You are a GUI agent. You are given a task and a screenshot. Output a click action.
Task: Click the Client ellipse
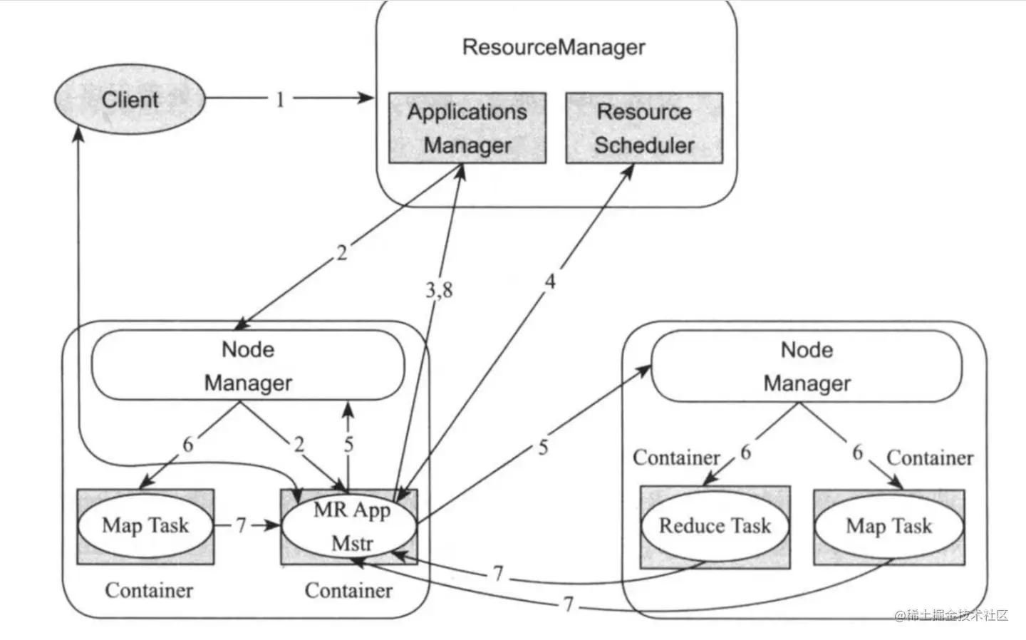point(130,100)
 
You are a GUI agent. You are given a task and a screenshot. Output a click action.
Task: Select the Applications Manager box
point(467,128)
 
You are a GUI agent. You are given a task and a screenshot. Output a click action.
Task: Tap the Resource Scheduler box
point(644,128)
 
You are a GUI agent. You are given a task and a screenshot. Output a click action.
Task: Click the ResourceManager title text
point(554,47)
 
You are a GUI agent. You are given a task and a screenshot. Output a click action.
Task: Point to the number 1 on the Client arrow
point(280,99)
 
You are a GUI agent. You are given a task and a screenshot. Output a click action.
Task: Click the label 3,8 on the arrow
point(439,290)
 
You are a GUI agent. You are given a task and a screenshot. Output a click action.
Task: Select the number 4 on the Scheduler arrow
point(550,282)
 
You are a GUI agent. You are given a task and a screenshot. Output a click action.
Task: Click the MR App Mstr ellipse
point(351,527)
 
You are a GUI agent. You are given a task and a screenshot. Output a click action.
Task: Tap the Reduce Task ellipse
point(715,526)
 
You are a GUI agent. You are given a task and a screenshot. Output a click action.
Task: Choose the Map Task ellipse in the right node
point(888,526)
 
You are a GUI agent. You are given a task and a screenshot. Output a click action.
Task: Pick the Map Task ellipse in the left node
point(145,526)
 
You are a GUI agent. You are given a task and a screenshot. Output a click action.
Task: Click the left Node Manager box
point(248,366)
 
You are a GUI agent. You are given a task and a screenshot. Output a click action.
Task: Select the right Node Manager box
point(807,366)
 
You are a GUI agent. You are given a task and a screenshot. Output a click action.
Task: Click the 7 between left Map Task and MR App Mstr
point(242,525)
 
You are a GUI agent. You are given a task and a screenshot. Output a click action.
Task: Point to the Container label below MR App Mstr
point(348,590)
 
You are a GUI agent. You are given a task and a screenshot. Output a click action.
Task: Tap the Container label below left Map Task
point(149,590)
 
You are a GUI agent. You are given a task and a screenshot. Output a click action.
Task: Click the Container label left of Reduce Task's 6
point(676,458)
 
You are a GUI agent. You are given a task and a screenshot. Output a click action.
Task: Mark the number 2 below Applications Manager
point(342,253)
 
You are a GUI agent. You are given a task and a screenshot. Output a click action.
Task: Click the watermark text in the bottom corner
point(952,615)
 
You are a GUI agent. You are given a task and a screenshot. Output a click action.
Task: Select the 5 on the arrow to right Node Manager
point(543,448)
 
